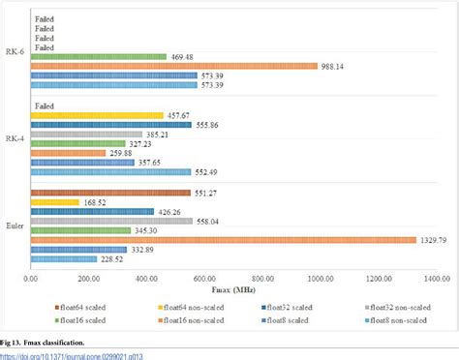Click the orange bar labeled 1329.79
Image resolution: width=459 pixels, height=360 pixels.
[223, 240]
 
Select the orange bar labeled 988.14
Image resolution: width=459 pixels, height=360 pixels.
[174, 66]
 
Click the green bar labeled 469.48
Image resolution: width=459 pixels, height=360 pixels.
[99, 56]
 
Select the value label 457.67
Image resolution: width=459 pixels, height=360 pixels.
[180, 115]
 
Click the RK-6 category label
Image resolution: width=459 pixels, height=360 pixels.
[15, 56]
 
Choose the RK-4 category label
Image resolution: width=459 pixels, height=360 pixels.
[15, 138]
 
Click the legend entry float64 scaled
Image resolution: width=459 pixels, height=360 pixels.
[85, 305]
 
